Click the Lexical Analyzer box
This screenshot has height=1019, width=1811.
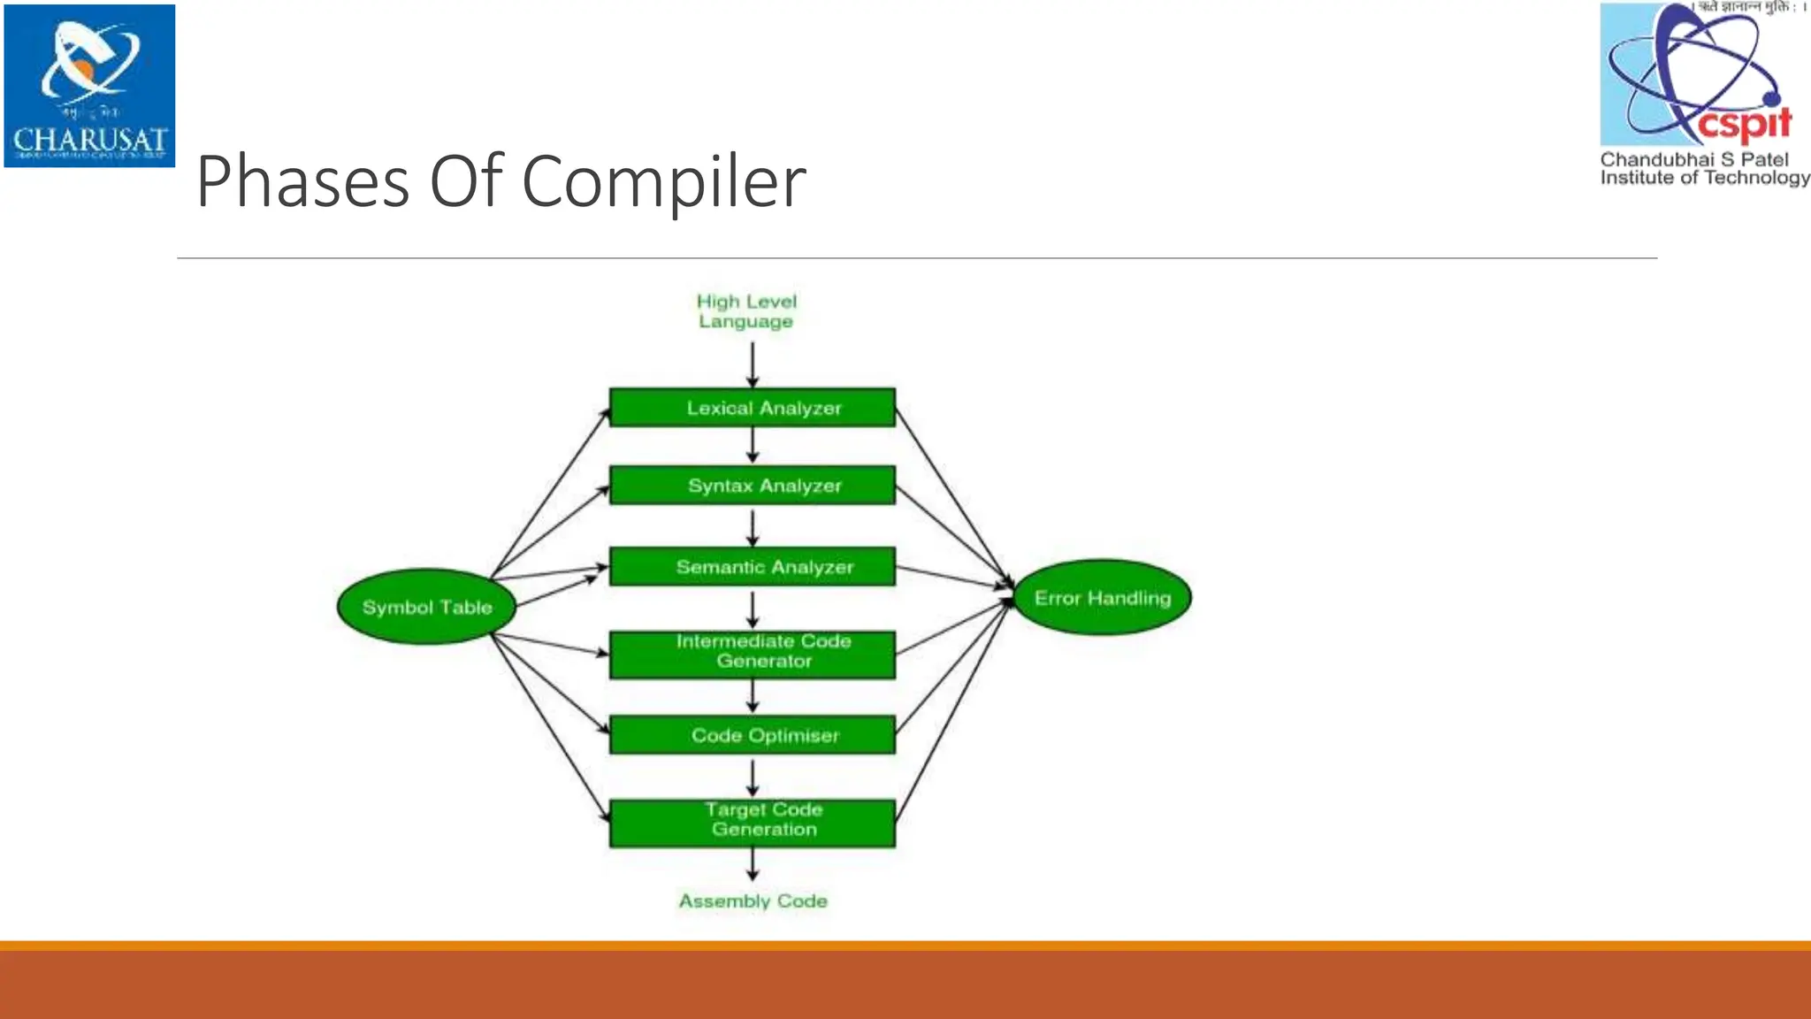click(x=752, y=408)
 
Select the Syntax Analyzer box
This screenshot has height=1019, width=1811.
click(x=752, y=486)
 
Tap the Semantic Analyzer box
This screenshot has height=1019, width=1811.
click(x=752, y=567)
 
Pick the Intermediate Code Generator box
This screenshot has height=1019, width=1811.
click(x=752, y=655)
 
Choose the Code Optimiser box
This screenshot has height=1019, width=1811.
click(x=752, y=735)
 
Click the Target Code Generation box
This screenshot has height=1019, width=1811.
click(x=752, y=823)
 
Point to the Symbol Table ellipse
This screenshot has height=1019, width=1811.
click(x=427, y=607)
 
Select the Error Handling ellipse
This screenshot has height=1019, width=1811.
click(x=1102, y=598)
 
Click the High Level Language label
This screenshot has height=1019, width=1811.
click(x=746, y=311)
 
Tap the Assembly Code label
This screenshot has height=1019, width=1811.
click(x=753, y=900)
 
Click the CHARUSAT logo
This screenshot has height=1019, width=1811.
click(x=89, y=86)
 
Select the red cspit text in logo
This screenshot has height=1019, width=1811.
click(x=1744, y=124)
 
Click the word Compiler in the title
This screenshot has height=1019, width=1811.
click(x=663, y=182)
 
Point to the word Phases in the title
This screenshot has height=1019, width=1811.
click(x=302, y=182)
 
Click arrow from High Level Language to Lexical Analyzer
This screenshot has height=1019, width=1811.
click(x=753, y=364)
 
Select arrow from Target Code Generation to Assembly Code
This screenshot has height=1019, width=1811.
click(x=753, y=863)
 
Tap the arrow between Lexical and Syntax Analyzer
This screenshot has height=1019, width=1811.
click(x=753, y=445)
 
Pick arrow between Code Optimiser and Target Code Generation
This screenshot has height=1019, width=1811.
click(x=753, y=778)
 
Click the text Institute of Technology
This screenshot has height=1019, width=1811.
click(x=1704, y=178)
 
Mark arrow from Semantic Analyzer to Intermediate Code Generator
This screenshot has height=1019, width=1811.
click(x=753, y=609)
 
